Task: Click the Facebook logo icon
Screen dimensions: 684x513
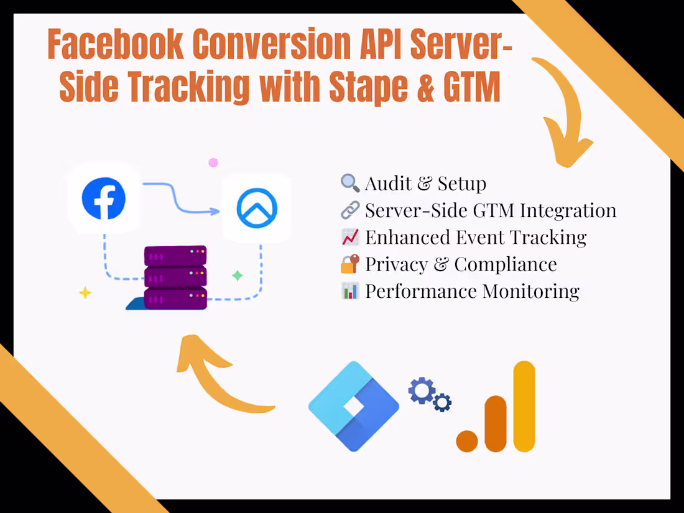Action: point(104,198)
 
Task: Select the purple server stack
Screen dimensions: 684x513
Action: point(175,277)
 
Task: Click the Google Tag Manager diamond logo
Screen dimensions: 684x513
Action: point(354,407)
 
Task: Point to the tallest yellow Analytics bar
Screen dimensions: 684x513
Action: point(524,407)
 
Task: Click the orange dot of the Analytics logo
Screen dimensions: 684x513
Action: point(467,441)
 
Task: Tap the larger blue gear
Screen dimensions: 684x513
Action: point(422,391)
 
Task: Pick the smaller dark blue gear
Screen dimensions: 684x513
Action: point(442,402)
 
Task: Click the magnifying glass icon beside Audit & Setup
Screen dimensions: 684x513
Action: point(350,183)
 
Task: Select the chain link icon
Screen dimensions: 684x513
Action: point(350,210)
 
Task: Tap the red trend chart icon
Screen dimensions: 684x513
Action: point(350,237)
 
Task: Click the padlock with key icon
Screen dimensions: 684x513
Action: point(350,264)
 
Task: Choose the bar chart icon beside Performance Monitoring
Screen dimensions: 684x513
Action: point(350,291)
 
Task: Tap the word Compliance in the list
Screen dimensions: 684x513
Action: point(506,264)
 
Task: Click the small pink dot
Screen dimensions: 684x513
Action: point(213,163)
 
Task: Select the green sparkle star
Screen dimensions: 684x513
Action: point(238,275)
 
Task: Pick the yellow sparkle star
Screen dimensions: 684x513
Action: point(85,293)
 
